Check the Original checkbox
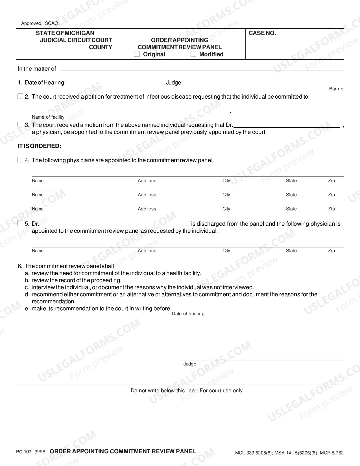pyautogui.click(x=137, y=54)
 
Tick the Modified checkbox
pyautogui.click(x=193, y=54)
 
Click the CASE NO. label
pyautogui.click(x=262, y=33)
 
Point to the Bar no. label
pyautogui.click(x=337, y=89)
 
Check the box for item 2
pyautogui.click(x=20, y=97)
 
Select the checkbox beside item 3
pyautogui.click(x=20, y=125)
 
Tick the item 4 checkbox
pyautogui.click(x=20, y=160)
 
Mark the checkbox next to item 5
pyautogui.click(x=20, y=224)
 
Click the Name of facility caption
pyautogui.click(x=48, y=117)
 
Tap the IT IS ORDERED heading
pyautogui.click(x=40, y=146)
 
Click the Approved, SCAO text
pyautogui.click(x=40, y=23)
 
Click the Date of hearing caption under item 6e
pyautogui.click(x=188, y=314)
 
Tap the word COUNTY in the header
pyautogui.click(x=101, y=47)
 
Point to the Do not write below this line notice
pyautogui.click(x=187, y=391)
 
